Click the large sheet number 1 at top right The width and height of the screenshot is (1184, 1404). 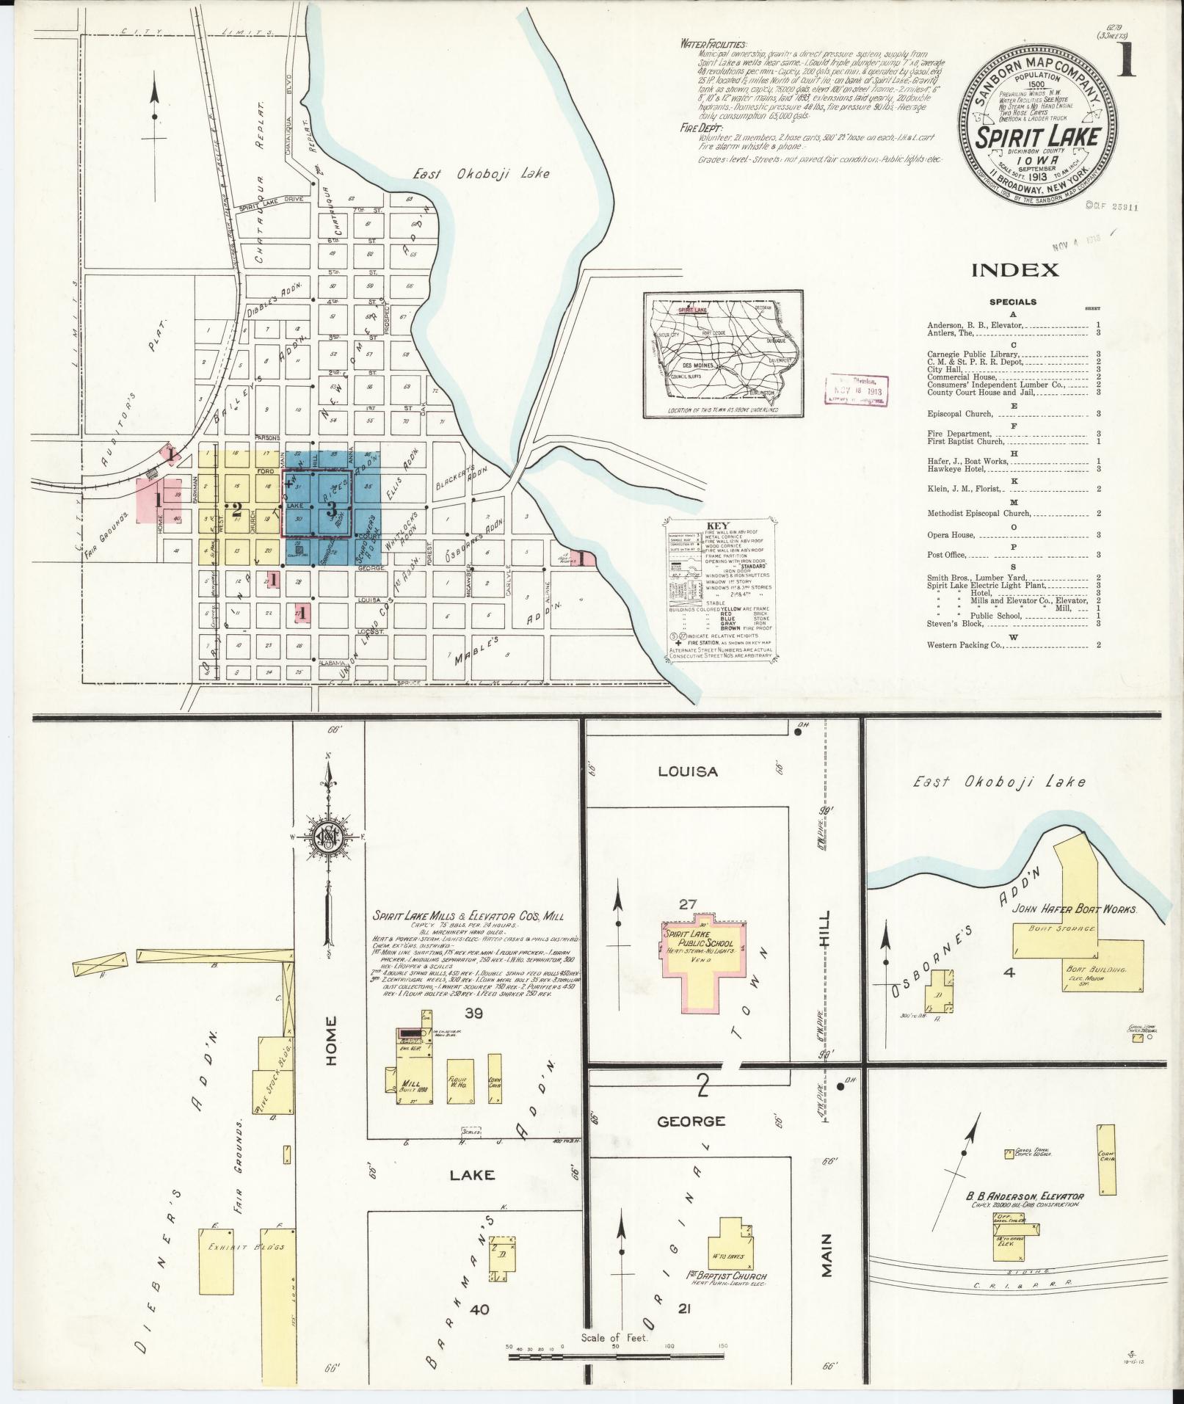click(x=1125, y=59)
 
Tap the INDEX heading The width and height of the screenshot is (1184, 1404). click(x=1014, y=270)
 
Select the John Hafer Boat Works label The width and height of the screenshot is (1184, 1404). click(x=1075, y=909)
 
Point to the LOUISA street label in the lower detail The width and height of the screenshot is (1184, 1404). click(x=687, y=771)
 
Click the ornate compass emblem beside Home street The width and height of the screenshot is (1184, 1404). click(x=329, y=837)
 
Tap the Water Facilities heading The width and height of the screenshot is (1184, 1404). click(x=713, y=45)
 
